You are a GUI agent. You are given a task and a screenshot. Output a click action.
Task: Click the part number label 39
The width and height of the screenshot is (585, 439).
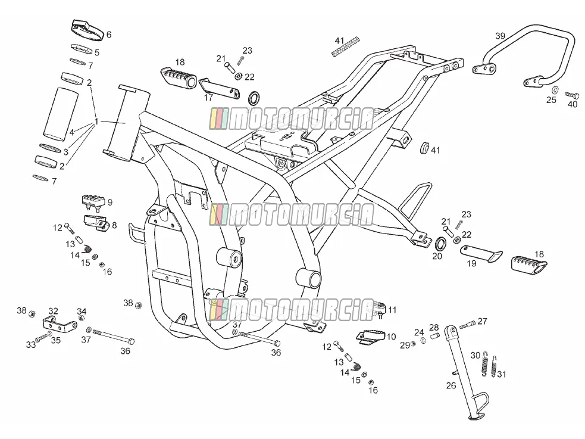[x=500, y=36]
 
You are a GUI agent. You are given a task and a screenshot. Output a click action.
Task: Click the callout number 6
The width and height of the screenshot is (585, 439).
[x=109, y=35]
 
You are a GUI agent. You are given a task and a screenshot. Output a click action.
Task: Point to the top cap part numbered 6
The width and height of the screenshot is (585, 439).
[x=87, y=30]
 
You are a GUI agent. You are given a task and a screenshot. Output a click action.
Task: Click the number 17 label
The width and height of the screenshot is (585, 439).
[x=208, y=98]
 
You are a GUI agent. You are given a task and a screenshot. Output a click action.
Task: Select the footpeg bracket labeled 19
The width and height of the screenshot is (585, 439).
[x=481, y=254]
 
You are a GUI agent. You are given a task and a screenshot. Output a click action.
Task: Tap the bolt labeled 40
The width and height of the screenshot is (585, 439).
[x=572, y=95]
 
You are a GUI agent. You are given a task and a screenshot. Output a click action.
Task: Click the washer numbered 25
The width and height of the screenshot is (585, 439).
[x=555, y=90]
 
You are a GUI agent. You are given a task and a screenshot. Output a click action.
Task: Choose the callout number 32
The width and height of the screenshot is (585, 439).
[x=54, y=311]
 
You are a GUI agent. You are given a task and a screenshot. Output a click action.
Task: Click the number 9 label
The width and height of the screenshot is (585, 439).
[x=110, y=203]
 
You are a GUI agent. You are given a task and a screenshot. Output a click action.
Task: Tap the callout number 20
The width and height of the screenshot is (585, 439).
[x=437, y=256]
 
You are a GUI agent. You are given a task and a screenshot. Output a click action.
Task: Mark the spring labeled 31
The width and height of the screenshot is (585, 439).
[x=494, y=366]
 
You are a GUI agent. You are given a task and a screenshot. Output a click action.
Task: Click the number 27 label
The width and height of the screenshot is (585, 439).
[x=483, y=321]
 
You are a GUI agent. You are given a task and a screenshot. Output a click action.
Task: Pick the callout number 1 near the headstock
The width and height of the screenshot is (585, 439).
[x=96, y=122]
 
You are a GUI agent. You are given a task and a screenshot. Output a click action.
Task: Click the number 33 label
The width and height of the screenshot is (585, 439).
[x=31, y=344]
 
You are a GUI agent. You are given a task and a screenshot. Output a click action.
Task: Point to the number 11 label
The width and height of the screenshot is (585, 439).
[x=392, y=310]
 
